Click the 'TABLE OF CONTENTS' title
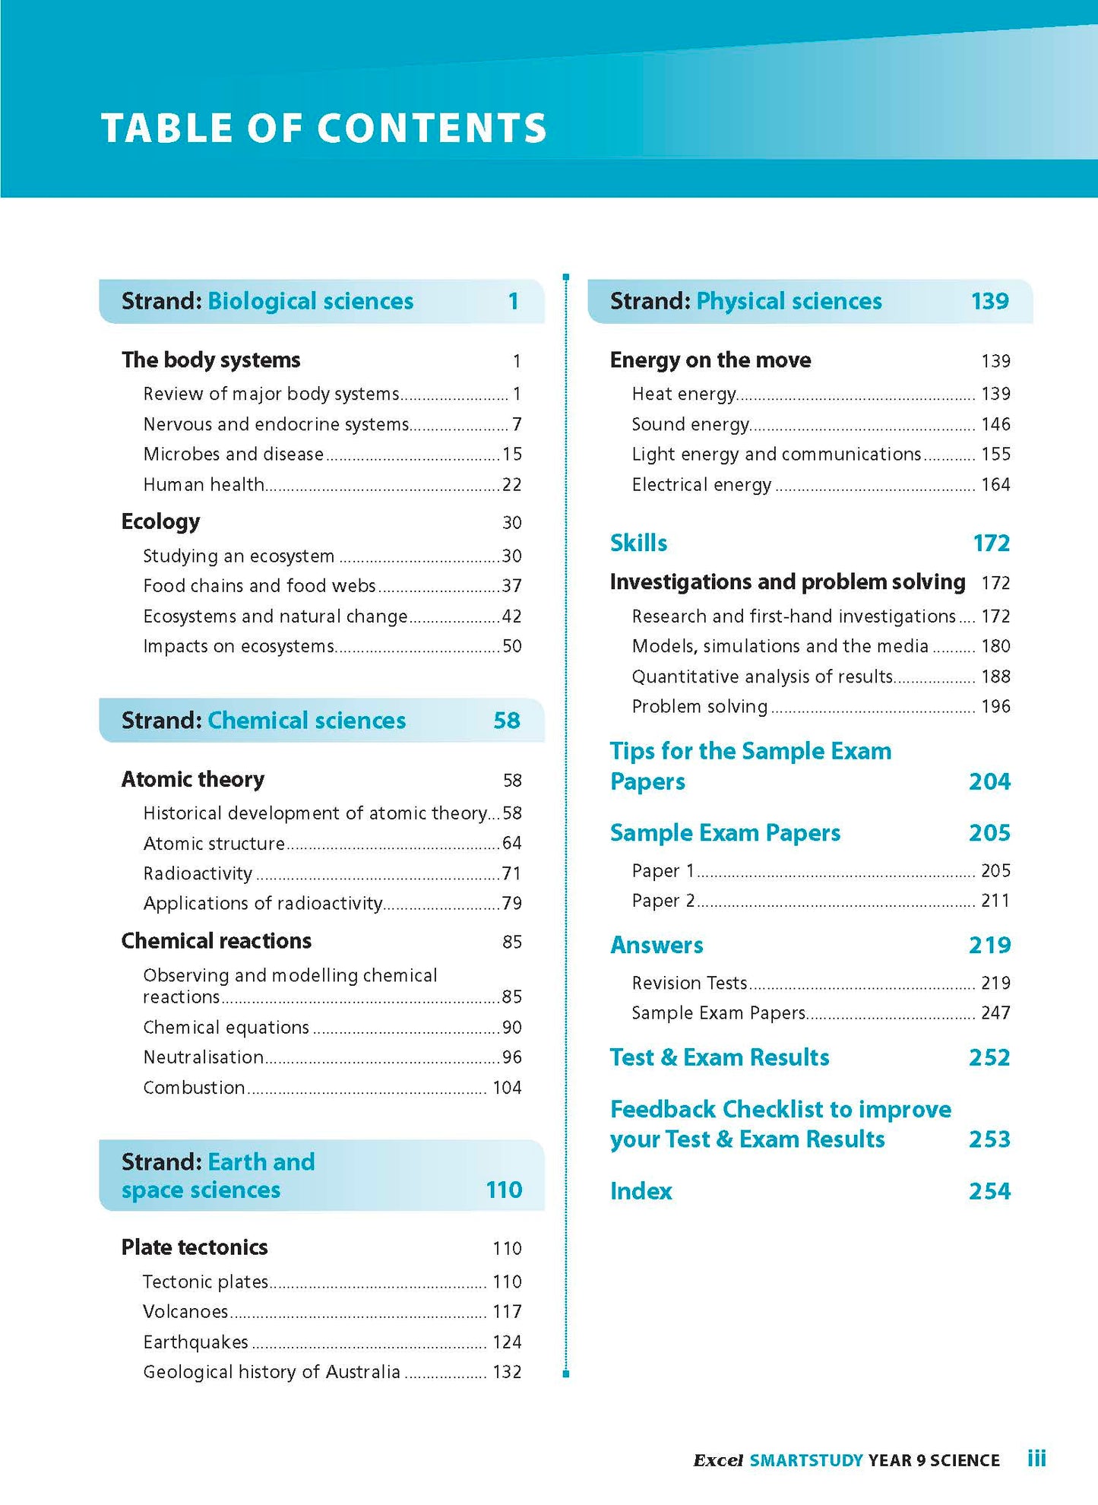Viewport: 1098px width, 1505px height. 324,128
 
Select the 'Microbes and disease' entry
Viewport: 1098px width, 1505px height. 233,455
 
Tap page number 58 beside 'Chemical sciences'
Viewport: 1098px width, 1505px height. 506,721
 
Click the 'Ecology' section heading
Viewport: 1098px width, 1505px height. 160,522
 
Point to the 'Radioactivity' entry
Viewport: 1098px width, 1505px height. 198,874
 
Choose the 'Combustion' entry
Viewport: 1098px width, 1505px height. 194,1088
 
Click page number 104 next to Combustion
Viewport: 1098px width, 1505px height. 507,1088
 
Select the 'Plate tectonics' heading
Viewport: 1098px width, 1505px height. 195,1247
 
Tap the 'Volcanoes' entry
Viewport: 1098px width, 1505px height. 185,1312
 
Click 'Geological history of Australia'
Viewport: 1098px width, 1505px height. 271,1372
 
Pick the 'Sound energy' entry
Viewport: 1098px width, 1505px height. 690,424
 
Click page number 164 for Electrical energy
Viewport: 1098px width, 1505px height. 995,485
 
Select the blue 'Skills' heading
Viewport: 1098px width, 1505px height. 638,543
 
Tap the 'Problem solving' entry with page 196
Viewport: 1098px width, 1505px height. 699,707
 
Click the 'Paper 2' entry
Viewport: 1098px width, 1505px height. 663,901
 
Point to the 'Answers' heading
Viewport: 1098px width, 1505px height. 657,946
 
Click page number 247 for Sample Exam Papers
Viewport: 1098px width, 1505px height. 995,1013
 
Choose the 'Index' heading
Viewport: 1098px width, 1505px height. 641,1191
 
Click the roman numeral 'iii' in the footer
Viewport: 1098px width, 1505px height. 1036,1459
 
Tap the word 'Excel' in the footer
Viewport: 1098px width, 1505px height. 717,1460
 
